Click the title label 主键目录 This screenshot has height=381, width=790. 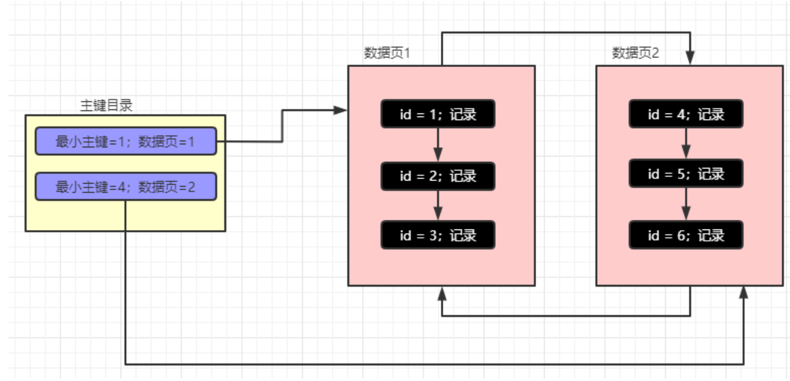(106, 106)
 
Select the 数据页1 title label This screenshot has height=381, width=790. (387, 53)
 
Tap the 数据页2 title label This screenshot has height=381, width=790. (636, 53)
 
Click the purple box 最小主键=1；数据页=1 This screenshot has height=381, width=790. (125, 141)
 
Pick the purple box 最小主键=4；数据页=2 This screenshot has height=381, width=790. (125, 187)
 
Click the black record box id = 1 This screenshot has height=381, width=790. (438, 114)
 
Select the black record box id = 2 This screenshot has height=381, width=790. (438, 176)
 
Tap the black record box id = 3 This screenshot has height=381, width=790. (438, 235)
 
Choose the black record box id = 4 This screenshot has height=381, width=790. (686, 114)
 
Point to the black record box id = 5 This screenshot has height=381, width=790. (686, 174)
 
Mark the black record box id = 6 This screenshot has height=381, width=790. (686, 235)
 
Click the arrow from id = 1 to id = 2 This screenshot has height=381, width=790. (438, 145)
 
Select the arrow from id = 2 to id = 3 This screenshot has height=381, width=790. (438, 205)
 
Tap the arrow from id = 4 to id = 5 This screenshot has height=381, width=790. (686, 144)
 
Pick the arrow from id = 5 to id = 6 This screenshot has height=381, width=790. (686, 205)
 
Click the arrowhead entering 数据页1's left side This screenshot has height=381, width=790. (342, 110)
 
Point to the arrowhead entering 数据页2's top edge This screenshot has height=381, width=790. (690, 59)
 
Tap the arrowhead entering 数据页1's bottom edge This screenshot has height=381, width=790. (442, 293)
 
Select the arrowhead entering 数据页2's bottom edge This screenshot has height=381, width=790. (744, 292)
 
